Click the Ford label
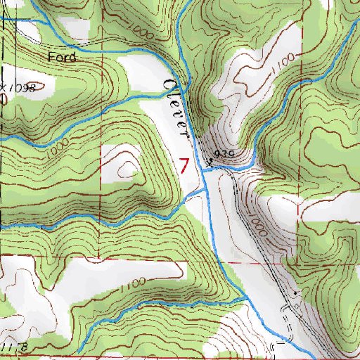click(62, 57)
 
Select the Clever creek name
click(176, 105)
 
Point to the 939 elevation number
click(224, 153)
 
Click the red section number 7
click(184, 167)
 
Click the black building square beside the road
click(296, 292)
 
